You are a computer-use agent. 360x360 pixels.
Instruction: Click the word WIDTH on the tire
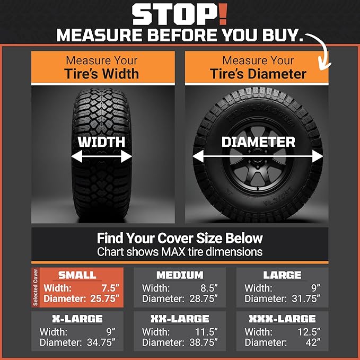point(101,142)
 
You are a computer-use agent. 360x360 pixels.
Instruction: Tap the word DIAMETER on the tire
point(258,142)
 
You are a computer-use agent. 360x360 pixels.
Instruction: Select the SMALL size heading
point(77,275)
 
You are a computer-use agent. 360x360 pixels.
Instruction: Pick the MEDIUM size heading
point(180,275)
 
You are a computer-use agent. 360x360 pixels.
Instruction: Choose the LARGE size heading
point(282,275)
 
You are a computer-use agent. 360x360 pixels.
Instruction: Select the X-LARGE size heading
point(77,319)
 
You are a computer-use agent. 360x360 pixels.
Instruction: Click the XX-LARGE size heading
point(180,319)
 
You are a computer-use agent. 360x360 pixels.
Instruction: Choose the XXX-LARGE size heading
point(282,319)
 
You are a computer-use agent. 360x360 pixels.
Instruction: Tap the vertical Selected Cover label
point(36,288)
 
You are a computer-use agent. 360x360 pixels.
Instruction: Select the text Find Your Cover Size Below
point(180,238)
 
